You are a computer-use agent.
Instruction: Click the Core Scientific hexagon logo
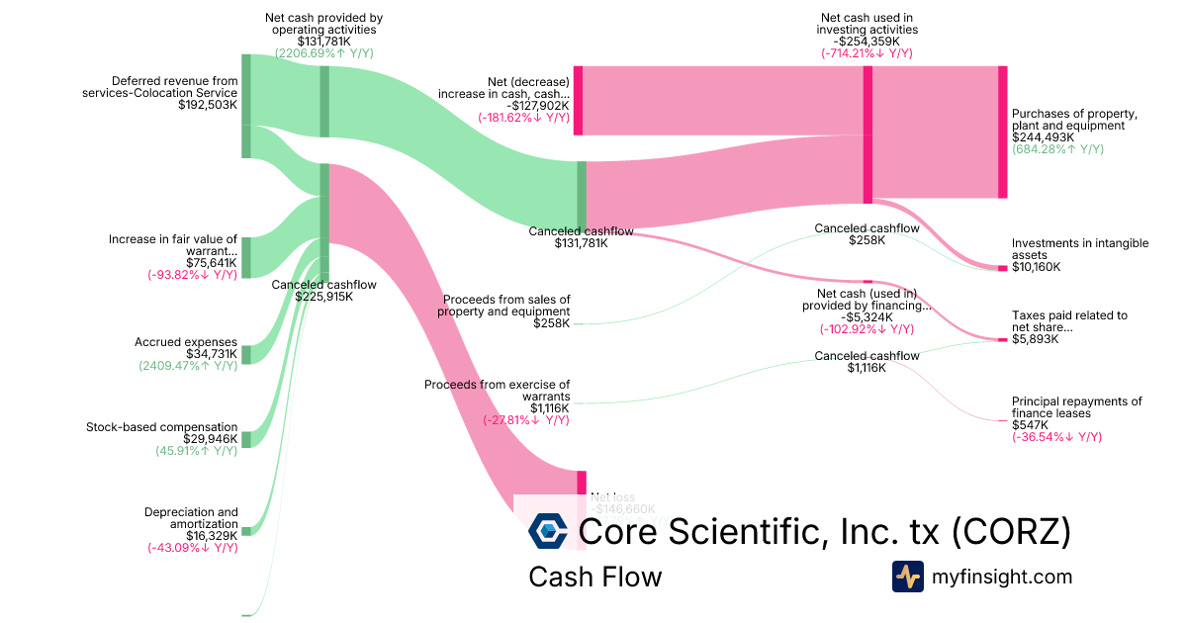pos(548,531)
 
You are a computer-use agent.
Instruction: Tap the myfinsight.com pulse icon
pos(907,577)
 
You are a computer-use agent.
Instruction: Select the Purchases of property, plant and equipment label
pos(1074,120)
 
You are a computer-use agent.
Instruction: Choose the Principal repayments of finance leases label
pos(1076,406)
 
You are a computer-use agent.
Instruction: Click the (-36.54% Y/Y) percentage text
pos(1056,436)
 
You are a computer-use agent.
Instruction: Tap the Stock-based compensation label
pos(162,427)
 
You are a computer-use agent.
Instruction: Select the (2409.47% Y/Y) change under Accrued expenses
pos(188,365)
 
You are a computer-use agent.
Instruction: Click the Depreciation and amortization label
pos(191,517)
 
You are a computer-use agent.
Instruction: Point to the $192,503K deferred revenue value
pos(208,104)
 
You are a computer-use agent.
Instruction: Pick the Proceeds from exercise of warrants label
pos(498,390)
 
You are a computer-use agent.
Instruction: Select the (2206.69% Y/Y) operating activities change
pos(323,53)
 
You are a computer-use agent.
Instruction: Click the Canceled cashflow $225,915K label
pos(312,290)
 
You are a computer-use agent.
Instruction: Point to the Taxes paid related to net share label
pos(1069,321)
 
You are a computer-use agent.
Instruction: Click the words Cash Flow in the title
pos(594,577)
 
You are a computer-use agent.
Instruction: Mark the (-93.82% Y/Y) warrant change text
pos(192,274)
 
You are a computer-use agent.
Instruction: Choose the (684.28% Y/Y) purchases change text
pos(1057,149)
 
